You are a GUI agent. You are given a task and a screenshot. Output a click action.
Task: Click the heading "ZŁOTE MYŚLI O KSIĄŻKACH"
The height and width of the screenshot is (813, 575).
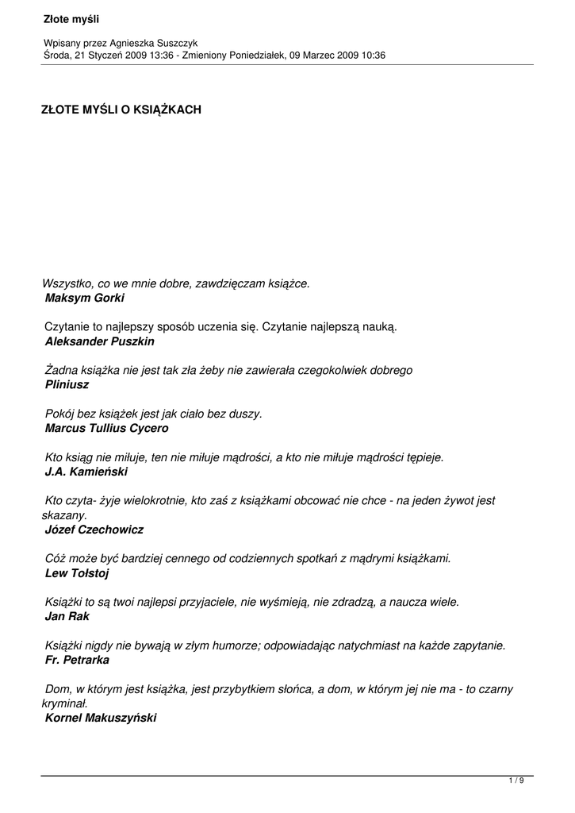pos(121,110)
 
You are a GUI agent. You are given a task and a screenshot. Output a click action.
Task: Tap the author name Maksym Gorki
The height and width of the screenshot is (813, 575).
pos(85,299)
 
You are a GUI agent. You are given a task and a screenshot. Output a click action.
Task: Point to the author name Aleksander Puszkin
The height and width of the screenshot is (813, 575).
pos(100,341)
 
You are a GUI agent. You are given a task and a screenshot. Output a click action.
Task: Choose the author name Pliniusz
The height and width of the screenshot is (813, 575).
pos(67,384)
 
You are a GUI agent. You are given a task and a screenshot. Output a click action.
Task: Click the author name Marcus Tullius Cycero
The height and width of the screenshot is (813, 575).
pos(107,428)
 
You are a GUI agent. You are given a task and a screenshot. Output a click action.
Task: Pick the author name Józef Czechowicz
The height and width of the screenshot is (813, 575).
pos(94,529)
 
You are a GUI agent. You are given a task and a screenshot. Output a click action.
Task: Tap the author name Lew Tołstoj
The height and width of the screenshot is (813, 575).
pos(77,572)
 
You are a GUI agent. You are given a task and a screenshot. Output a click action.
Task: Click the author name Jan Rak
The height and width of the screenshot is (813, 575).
pos(67,616)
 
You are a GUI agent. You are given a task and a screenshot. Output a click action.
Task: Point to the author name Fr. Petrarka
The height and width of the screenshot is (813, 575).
pos(78,660)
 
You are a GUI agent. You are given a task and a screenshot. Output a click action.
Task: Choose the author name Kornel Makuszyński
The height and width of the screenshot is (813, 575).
pos(101,717)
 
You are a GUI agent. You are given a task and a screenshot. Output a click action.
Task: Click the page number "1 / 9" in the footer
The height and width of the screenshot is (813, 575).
pos(516,781)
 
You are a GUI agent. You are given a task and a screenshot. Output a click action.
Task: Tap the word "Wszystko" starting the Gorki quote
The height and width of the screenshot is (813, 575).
pos(65,283)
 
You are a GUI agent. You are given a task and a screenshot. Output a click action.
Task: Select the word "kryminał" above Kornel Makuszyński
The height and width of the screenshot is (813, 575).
pos(63,703)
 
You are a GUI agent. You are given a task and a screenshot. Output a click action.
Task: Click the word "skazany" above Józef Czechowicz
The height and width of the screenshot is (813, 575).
pos(63,514)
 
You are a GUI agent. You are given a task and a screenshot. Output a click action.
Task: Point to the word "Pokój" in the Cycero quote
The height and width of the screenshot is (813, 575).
pos(60,414)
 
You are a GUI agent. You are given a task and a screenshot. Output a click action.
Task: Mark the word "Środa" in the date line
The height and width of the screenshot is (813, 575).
pos(58,55)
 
